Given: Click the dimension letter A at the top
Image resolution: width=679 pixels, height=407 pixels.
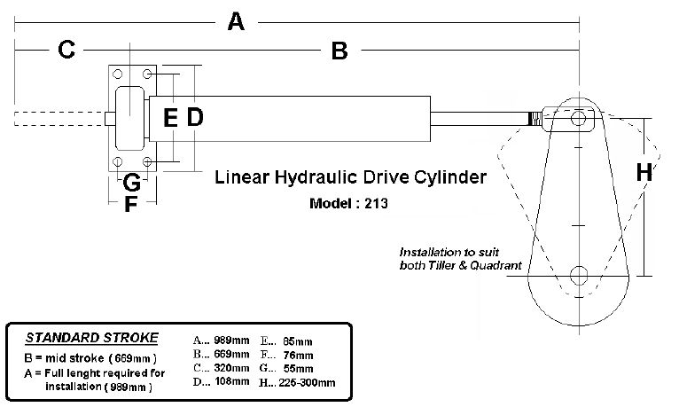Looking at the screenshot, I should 235,20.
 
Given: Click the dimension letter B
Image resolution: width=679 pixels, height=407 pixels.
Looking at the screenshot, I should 339,51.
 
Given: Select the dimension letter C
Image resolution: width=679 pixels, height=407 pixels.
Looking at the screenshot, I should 66,51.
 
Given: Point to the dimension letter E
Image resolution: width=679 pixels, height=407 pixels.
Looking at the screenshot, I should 171,117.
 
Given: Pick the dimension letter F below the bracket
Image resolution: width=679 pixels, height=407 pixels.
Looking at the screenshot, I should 130,206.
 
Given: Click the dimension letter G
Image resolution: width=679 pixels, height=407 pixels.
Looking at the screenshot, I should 130,184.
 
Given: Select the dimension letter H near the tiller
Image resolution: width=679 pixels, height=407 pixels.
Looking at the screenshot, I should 644,173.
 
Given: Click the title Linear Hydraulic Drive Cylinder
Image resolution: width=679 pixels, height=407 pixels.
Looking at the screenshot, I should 351,177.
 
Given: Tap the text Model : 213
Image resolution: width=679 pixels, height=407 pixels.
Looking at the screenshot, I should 349,202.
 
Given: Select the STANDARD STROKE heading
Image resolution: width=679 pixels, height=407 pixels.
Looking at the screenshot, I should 92,337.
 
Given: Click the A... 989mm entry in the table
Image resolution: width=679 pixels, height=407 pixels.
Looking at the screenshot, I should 219,340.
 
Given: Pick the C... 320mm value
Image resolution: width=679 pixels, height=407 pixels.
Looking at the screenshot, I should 219,368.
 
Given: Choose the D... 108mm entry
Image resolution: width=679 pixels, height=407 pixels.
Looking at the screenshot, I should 219,382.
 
